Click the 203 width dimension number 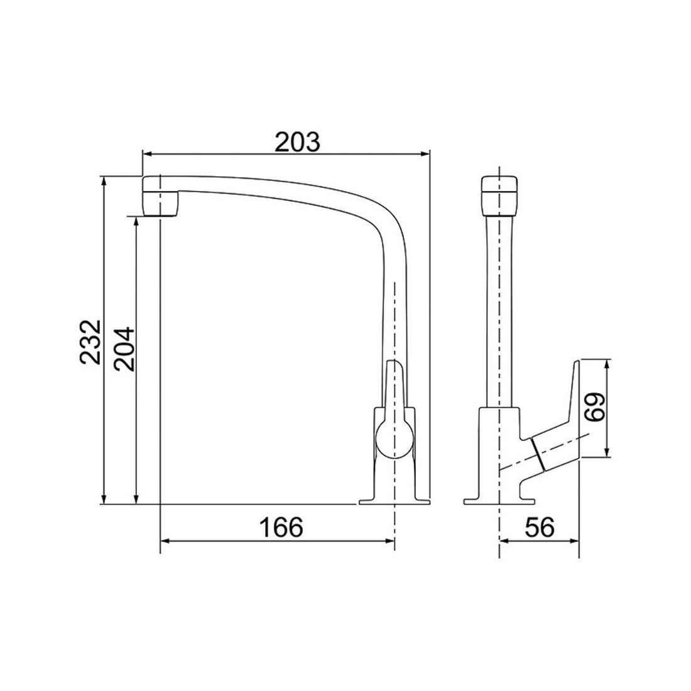pos(298,142)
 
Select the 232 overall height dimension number pos(90,342)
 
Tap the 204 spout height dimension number pos(123,349)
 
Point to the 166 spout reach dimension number pos(281,527)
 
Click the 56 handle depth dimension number pos(540,527)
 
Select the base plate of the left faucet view pos(394,501)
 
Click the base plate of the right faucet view pos(499,501)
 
